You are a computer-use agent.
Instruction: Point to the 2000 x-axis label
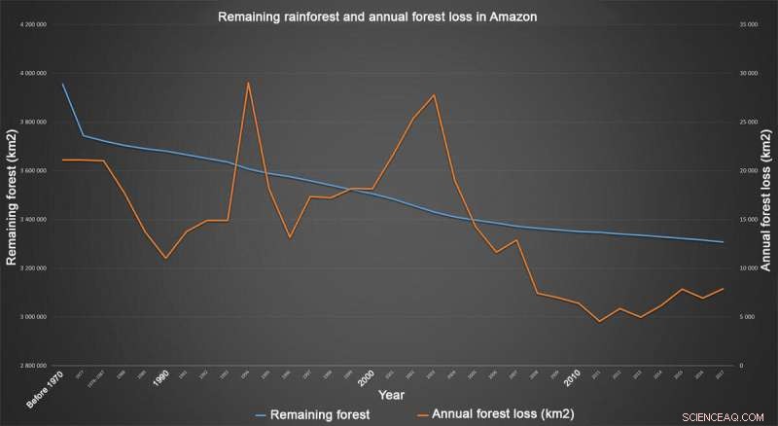pos(365,377)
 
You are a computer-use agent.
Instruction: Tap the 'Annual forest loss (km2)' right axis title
pos(765,195)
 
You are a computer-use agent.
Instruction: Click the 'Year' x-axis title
pos(392,395)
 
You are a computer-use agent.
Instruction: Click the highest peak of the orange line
pos(248,83)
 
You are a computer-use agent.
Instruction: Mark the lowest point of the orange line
pos(599,321)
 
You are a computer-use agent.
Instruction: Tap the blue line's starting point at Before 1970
pos(62,84)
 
